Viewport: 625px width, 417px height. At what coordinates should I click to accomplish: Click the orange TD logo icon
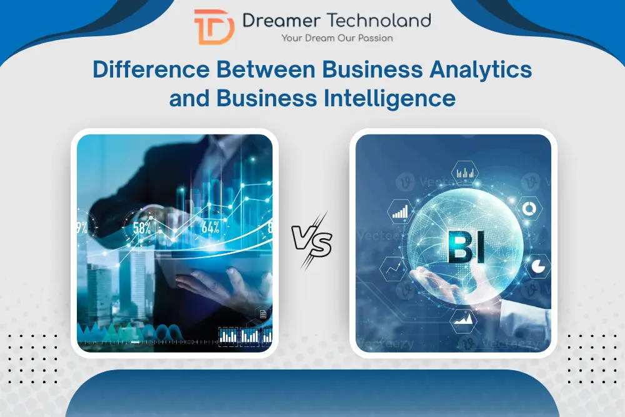tap(214, 27)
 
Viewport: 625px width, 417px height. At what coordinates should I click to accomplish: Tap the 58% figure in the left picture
tap(142, 227)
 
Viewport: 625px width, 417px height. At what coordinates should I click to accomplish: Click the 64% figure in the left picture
tap(210, 227)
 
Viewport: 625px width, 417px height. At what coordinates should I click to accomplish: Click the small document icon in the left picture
tap(262, 313)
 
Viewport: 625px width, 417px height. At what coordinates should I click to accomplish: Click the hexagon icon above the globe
tap(464, 171)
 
